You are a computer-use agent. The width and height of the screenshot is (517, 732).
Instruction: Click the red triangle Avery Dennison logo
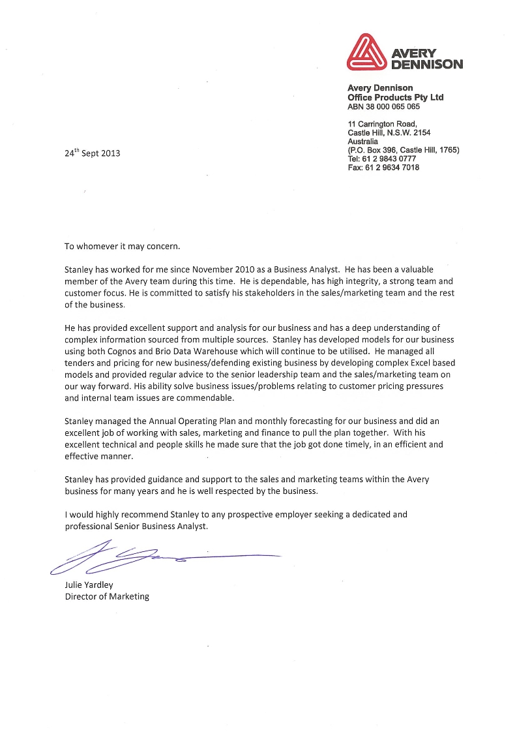(x=366, y=53)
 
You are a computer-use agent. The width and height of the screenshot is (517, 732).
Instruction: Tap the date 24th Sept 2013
(x=92, y=154)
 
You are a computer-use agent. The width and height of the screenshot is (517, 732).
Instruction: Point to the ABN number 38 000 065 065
(x=384, y=106)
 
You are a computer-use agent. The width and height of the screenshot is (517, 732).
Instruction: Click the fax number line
(x=383, y=168)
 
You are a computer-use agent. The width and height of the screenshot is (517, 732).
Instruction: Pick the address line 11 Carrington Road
(x=382, y=123)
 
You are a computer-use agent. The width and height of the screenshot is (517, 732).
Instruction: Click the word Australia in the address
(x=362, y=141)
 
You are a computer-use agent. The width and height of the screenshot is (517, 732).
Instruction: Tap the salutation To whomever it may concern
(x=121, y=247)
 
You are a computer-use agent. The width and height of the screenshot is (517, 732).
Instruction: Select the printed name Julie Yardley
(x=89, y=585)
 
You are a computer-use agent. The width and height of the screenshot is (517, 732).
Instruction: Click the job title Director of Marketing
(x=107, y=596)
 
